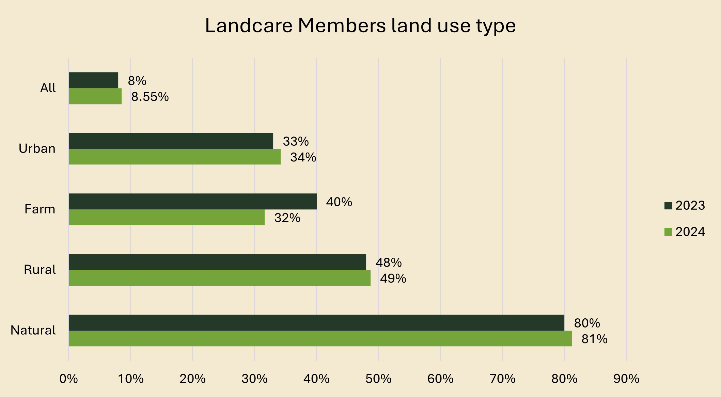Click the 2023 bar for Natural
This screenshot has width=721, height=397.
point(316,322)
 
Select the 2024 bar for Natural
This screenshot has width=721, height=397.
point(320,338)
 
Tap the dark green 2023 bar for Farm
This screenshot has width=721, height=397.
point(193,202)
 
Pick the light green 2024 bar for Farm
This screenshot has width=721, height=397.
point(167,217)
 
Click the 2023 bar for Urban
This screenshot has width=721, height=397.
point(171,141)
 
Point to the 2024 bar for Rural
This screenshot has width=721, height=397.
point(220,278)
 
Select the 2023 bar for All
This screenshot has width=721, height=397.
point(94,80)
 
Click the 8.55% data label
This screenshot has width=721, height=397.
point(150,97)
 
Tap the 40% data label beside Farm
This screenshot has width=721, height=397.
point(339,202)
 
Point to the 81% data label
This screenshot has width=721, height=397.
point(594,339)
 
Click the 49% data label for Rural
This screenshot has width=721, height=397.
point(393,279)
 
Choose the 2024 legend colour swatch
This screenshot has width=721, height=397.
point(668,232)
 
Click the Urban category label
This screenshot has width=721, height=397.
point(37,149)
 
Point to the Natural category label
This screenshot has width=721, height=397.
point(33,330)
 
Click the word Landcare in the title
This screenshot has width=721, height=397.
point(249,26)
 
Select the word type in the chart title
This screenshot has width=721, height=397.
point(496,26)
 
